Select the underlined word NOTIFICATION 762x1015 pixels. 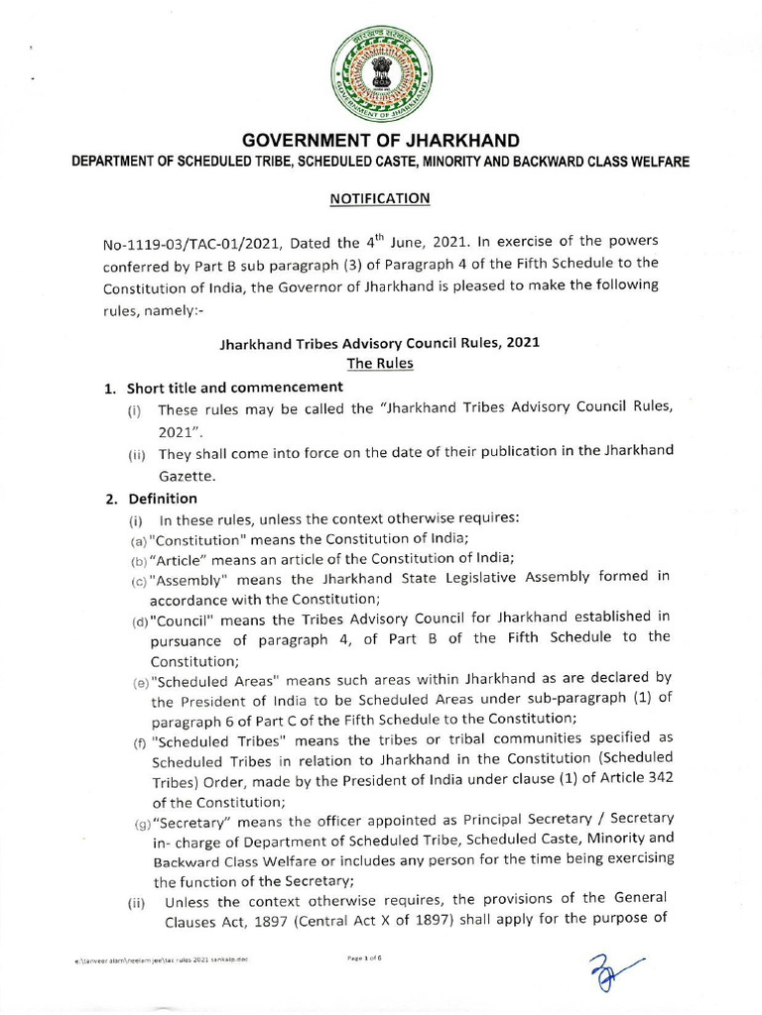click(380, 198)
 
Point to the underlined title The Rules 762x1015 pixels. click(380, 364)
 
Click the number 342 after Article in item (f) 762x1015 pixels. click(657, 776)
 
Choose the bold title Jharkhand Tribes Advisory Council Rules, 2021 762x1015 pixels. click(380, 345)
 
